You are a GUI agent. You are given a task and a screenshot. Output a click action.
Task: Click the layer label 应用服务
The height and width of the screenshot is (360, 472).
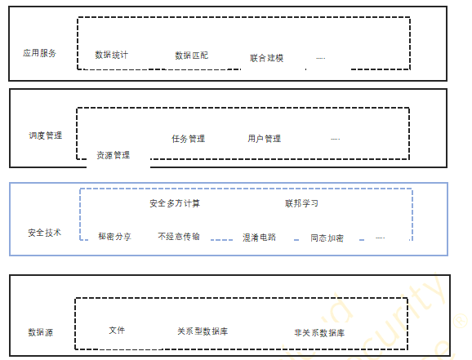39,53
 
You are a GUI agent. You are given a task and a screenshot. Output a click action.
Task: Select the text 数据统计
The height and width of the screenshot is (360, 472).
112,55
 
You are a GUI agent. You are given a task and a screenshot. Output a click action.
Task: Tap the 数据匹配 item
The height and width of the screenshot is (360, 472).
192,56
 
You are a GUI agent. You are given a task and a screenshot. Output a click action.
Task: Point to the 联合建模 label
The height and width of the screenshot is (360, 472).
267,58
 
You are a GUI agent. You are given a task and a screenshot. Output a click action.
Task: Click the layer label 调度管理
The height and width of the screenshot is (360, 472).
46,136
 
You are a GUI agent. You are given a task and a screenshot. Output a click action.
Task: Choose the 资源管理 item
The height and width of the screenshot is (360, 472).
114,155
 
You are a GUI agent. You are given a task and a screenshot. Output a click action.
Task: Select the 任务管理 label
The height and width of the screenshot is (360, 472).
189,139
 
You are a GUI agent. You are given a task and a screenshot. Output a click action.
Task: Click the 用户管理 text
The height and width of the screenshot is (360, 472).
265,139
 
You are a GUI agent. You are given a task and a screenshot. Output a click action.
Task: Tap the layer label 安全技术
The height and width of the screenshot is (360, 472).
45,233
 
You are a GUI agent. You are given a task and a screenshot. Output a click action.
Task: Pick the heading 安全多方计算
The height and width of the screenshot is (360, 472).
175,203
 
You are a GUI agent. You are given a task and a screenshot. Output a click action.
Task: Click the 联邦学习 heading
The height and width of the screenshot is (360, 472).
301,203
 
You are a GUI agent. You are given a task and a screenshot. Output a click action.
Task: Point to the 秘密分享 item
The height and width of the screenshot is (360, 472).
114,237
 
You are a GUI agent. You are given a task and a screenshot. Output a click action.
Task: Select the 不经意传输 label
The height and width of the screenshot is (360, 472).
179,236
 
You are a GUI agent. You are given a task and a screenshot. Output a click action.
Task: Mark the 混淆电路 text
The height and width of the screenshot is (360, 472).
260,238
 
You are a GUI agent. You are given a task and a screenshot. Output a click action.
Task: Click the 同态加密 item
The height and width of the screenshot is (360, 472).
327,238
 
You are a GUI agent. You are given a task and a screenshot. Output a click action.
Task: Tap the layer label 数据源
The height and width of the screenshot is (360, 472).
41,332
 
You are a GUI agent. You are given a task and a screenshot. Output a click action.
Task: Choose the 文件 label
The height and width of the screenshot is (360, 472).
117,330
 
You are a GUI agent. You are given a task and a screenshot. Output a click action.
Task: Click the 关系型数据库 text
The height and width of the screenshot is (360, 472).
203,331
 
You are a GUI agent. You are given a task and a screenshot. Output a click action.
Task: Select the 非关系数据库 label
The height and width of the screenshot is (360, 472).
319,333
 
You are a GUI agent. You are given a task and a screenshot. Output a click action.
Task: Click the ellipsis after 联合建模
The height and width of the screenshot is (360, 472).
321,58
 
